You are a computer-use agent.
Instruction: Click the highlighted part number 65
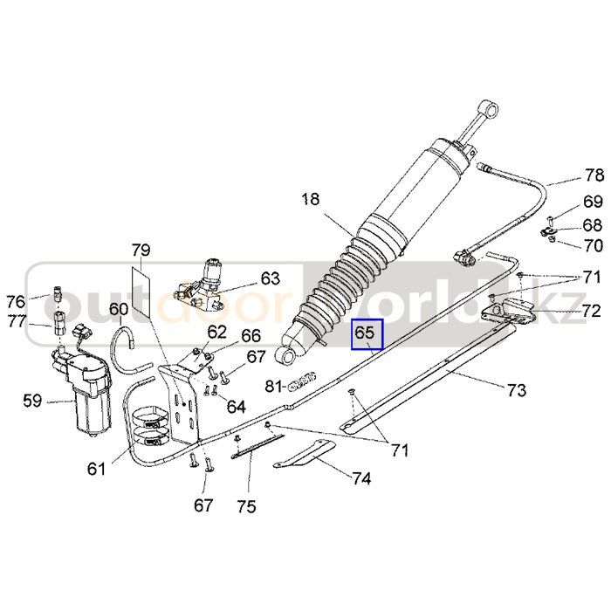pos(364,333)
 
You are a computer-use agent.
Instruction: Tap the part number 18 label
pos(311,199)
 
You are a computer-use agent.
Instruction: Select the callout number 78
pos(594,175)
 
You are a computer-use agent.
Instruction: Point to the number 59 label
pos(32,402)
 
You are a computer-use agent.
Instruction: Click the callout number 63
pos(271,279)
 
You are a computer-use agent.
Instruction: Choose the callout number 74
pos(361,478)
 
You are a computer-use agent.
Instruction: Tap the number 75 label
pos(247,507)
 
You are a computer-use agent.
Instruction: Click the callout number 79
pos(141,251)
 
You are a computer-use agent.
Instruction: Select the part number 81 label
pos(273,386)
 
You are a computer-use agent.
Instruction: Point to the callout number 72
pos(592,310)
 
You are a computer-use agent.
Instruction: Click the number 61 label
pos(96,470)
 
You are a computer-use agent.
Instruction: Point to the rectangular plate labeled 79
pos(141,292)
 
